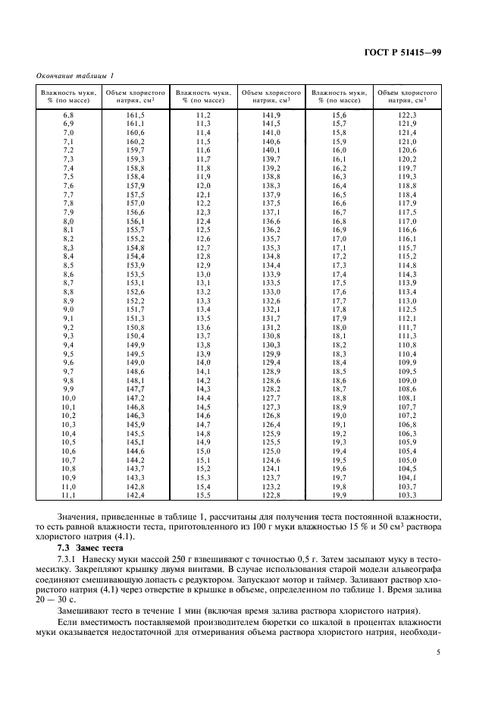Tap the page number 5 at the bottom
click(x=437, y=652)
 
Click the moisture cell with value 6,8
click(x=67, y=114)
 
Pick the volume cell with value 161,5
click(x=135, y=114)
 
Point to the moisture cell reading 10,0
click(x=67, y=397)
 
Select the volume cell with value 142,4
click(x=135, y=495)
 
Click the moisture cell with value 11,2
click(x=203, y=114)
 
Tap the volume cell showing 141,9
click(x=271, y=114)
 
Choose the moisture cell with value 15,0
click(x=203, y=451)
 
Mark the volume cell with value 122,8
click(x=271, y=495)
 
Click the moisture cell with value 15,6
click(x=339, y=114)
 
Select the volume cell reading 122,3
click(x=407, y=114)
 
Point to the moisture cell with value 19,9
click(x=339, y=495)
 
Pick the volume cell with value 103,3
click(x=407, y=495)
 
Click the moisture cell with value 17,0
click(x=339, y=238)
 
